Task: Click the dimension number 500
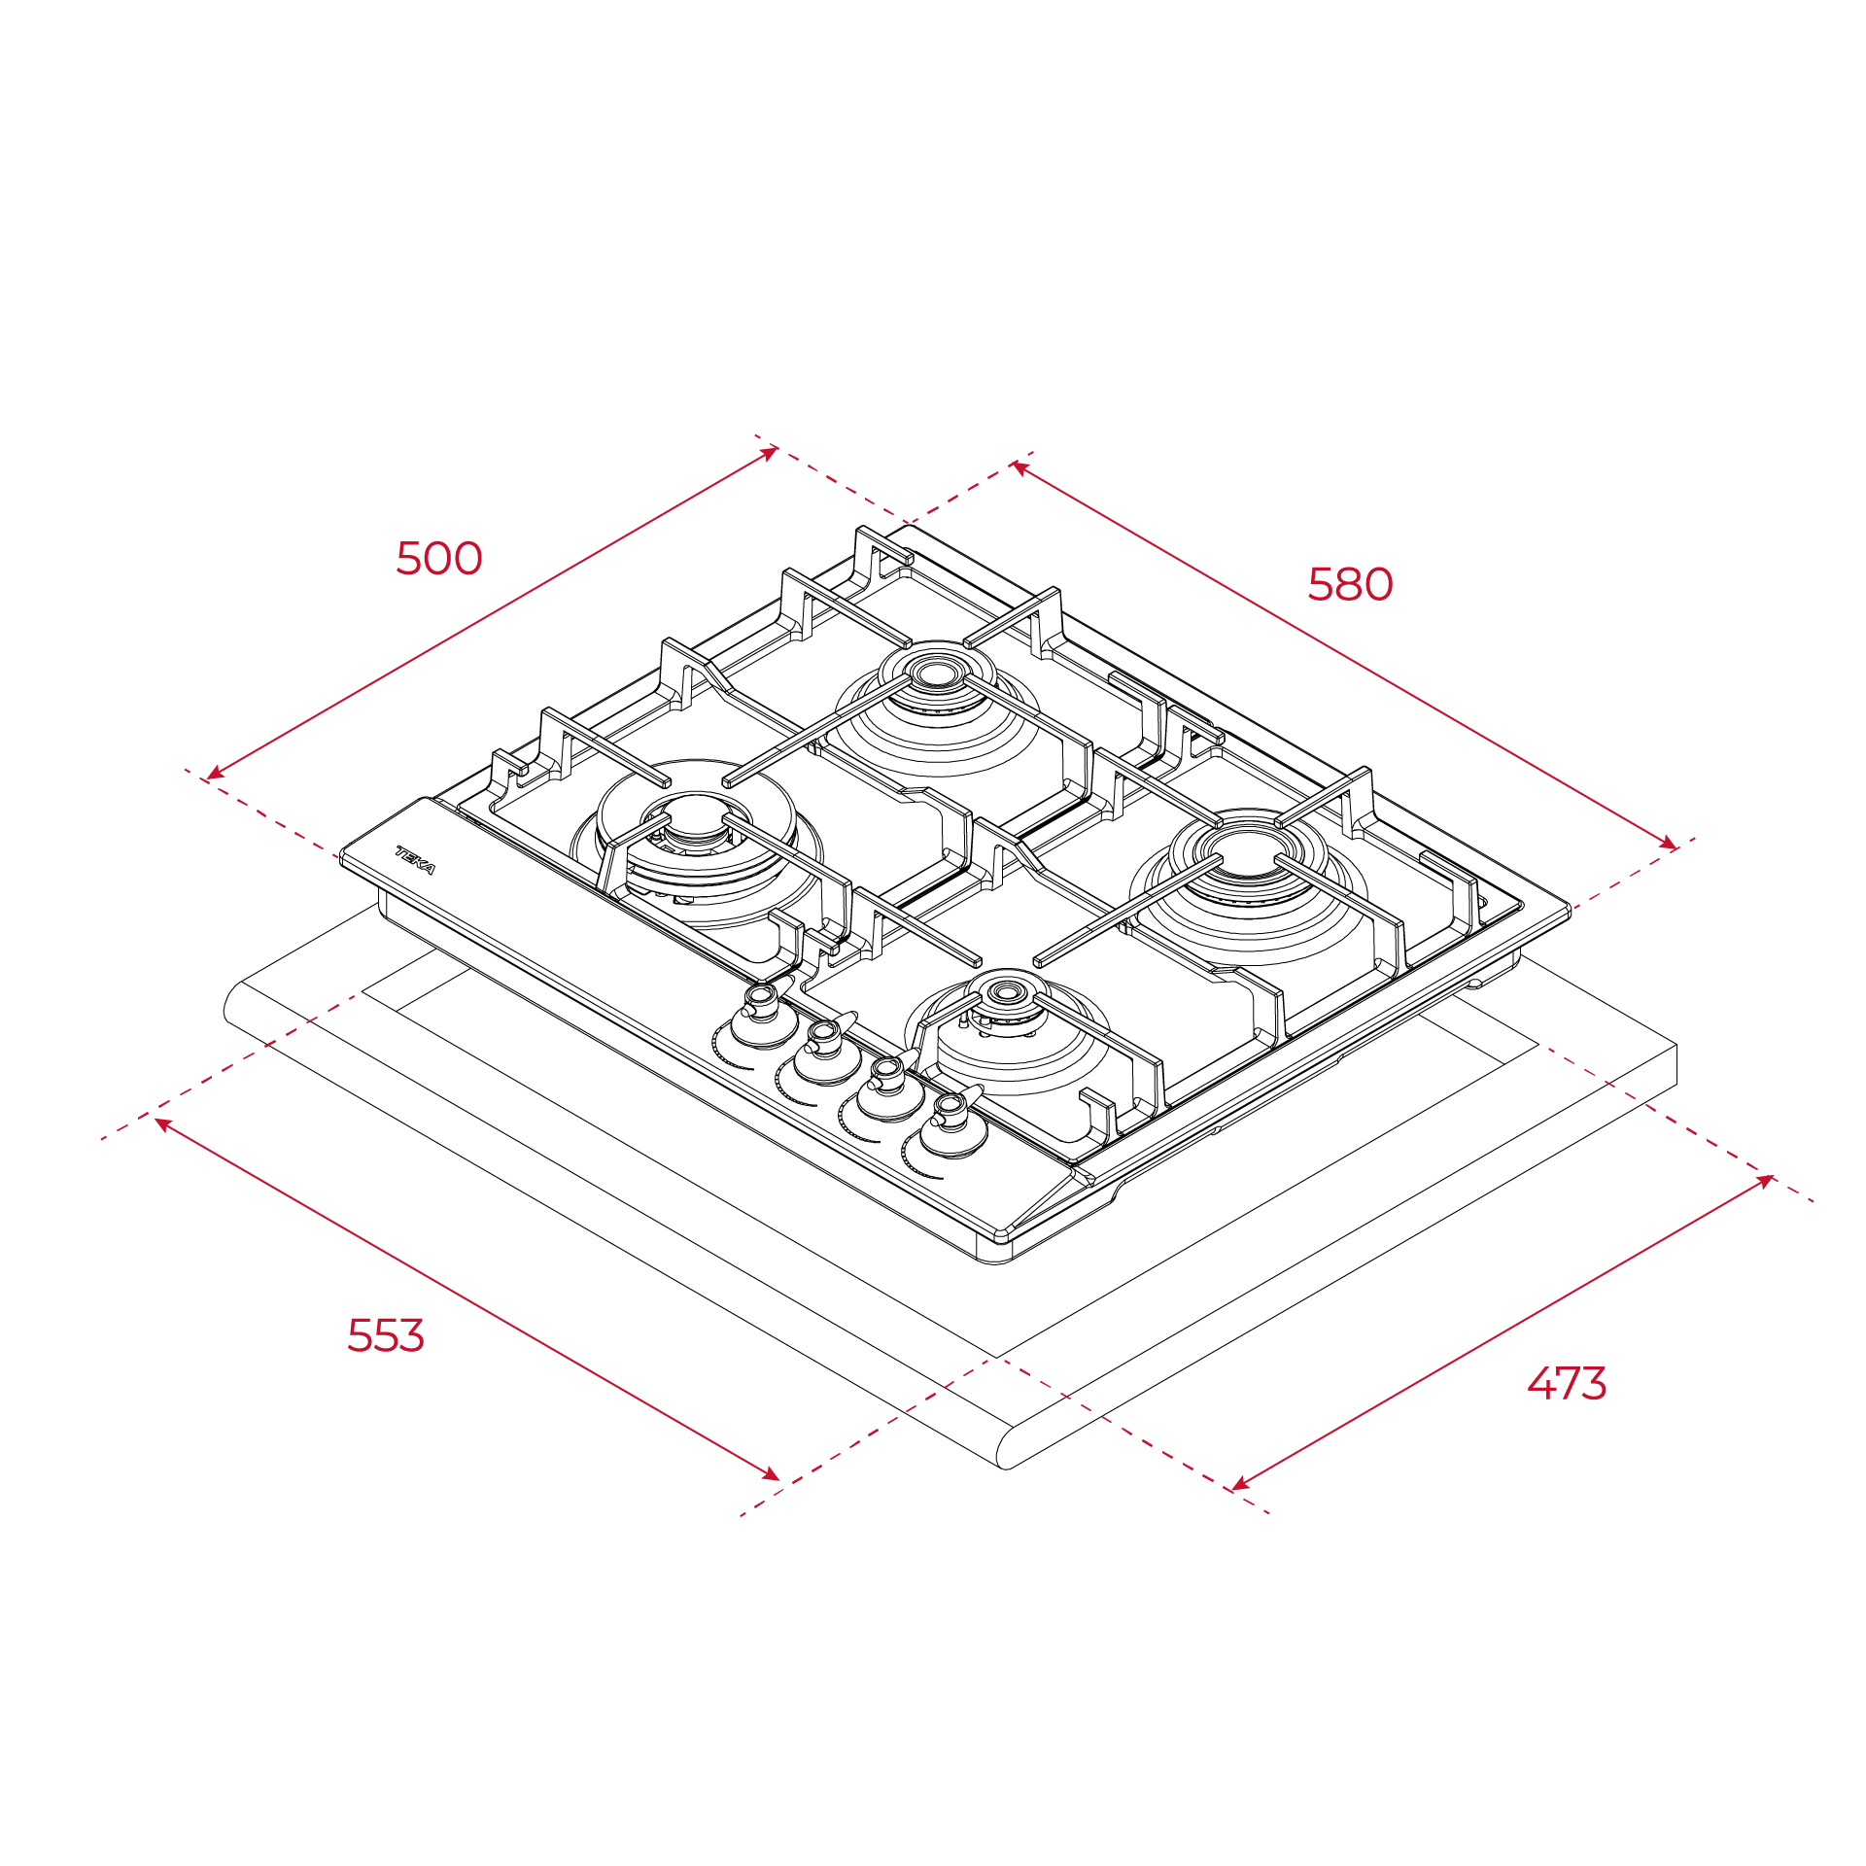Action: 438,559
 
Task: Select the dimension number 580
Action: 1350,584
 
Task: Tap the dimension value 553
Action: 386,1335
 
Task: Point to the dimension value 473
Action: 1567,1383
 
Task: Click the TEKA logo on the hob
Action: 415,860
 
